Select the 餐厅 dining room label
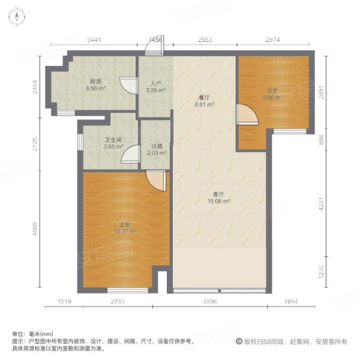(x=205, y=97)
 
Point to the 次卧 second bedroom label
(x=273, y=92)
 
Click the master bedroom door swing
(x=155, y=181)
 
